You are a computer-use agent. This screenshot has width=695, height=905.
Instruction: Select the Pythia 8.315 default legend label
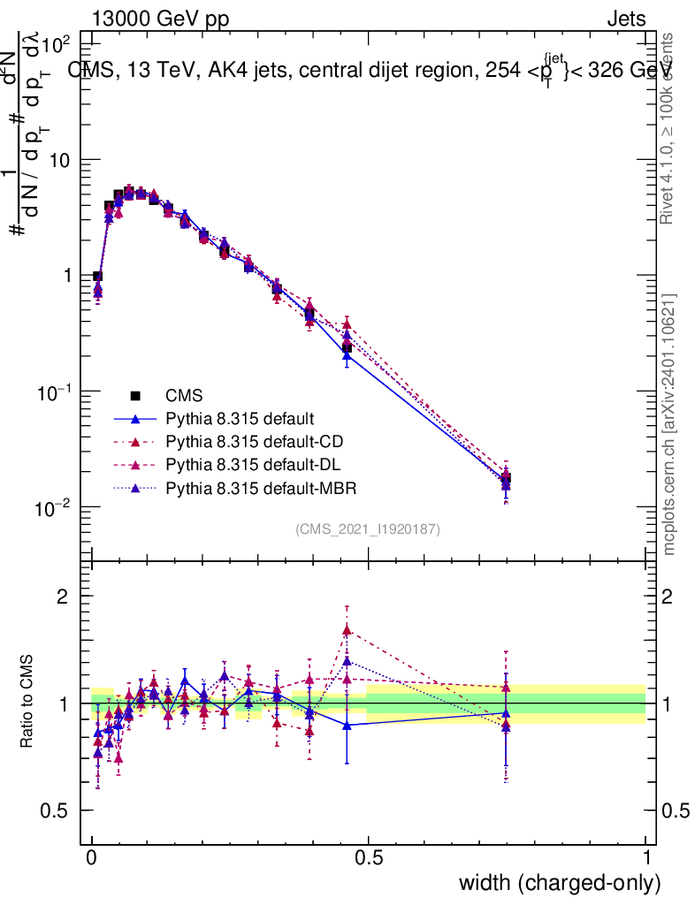[241, 418]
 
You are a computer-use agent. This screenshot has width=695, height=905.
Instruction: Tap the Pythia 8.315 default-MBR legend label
[257, 487]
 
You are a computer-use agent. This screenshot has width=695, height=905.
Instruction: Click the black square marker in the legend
[135, 395]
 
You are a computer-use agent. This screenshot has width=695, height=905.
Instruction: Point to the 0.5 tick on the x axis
[369, 858]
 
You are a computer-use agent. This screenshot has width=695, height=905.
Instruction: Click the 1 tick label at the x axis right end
[647, 858]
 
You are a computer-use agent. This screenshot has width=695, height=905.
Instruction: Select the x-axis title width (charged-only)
[560, 883]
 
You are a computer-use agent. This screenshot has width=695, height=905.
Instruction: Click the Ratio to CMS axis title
[27, 703]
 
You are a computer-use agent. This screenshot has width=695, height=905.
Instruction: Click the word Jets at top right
[626, 19]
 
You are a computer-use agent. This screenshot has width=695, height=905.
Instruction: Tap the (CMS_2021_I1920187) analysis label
[368, 529]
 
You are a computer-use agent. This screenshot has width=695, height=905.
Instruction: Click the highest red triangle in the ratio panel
[347, 630]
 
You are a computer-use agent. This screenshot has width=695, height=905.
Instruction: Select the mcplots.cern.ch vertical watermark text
[670, 424]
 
